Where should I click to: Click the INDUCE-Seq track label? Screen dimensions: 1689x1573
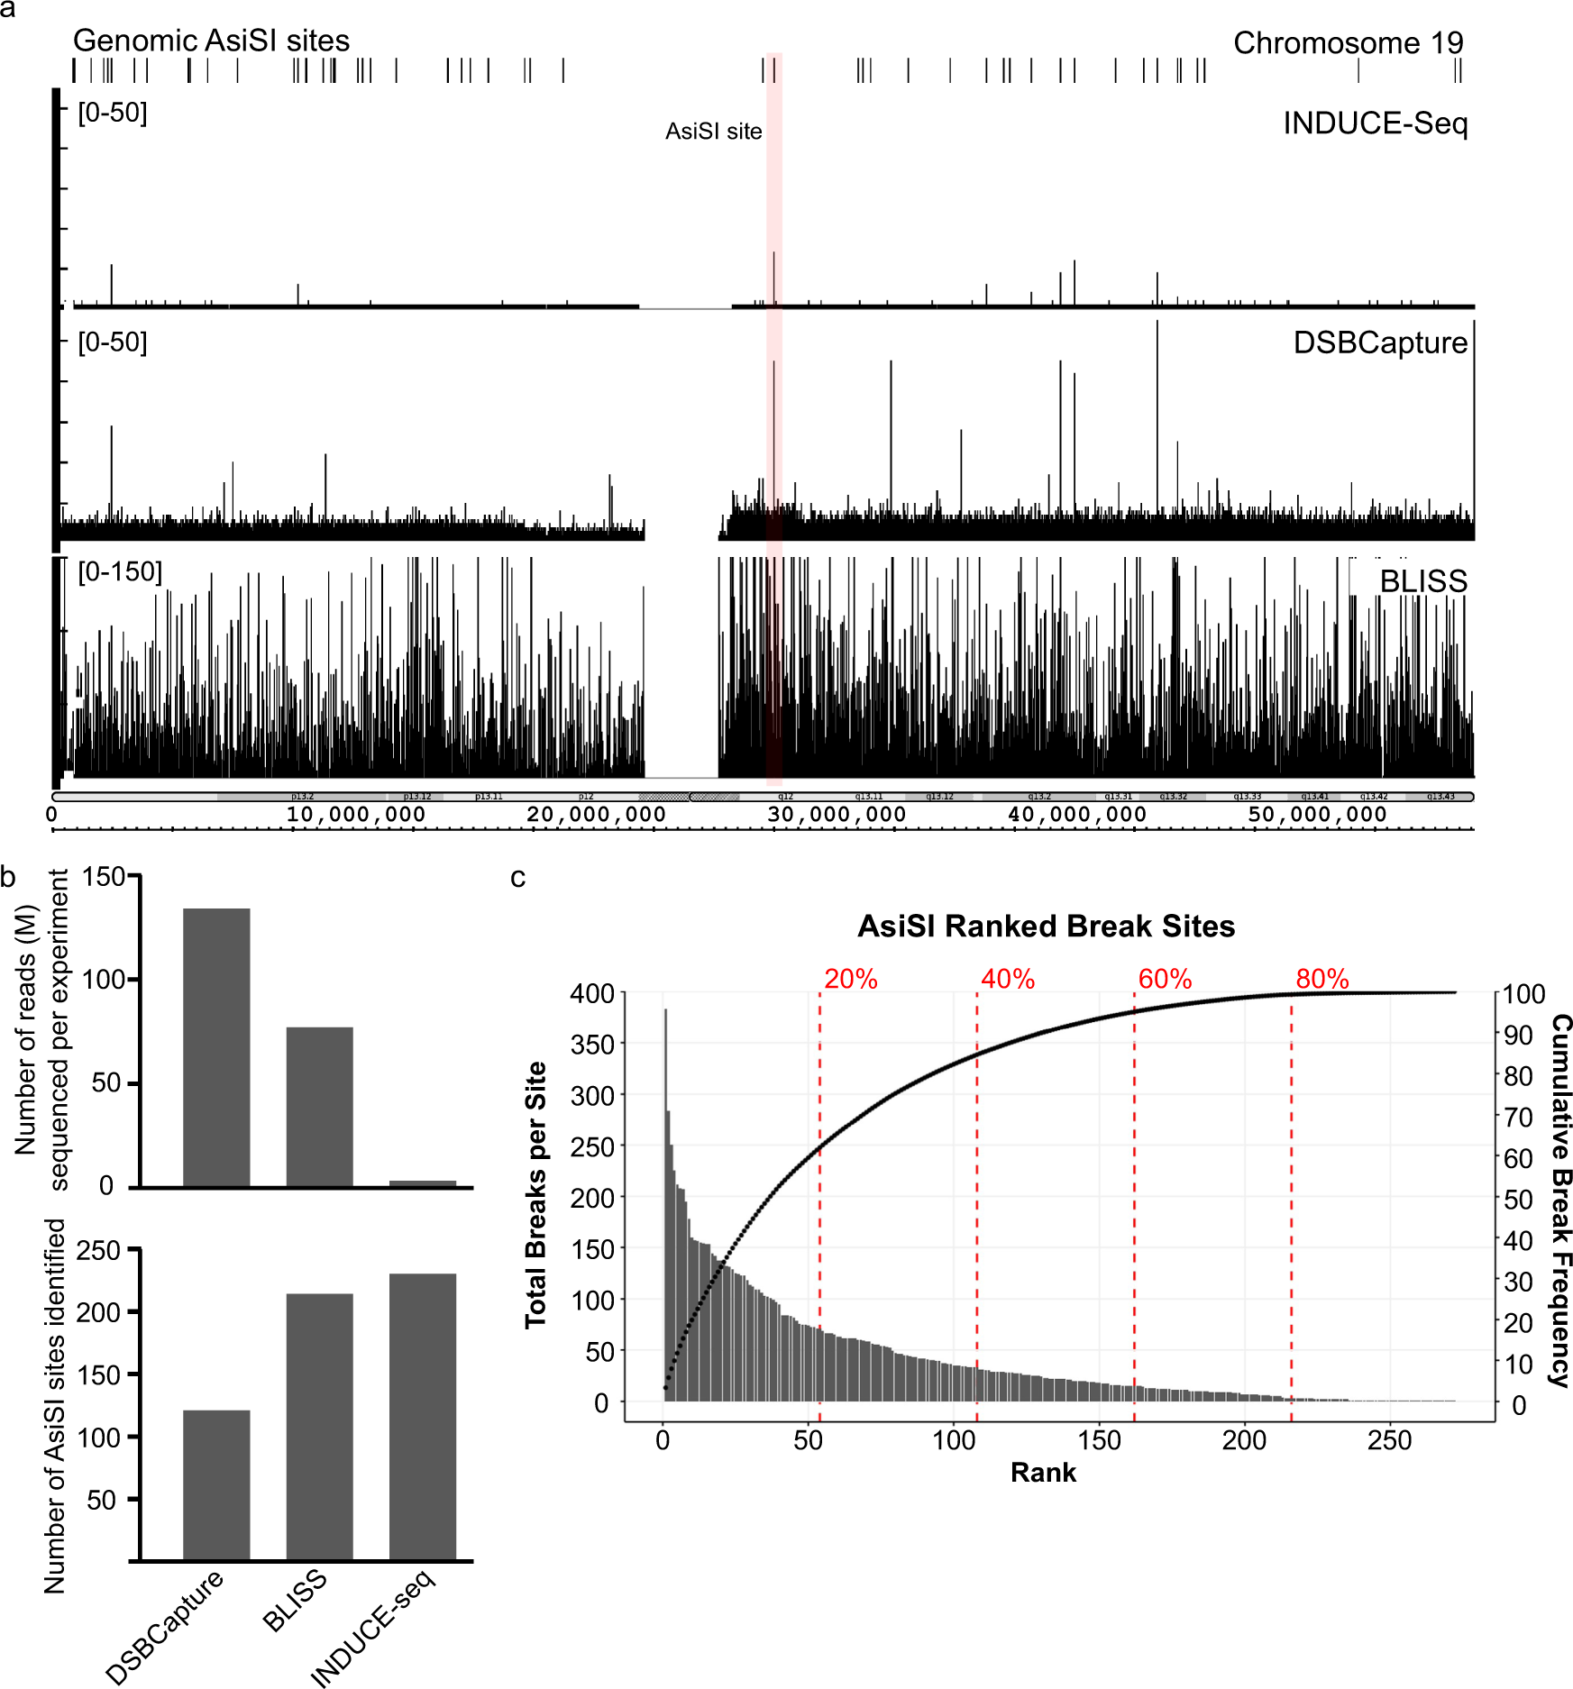tap(1375, 123)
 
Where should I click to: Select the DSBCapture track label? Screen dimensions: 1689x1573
tap(1379, 342)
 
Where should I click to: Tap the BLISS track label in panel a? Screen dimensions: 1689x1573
tap(1422, 581)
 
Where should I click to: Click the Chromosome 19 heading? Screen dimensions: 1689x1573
tap(1348, 42)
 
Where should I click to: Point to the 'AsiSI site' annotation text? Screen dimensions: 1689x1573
tap(713, 132)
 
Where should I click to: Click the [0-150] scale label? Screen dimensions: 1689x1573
tap(120, 571)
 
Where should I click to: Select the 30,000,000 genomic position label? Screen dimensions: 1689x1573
tap(836, 815)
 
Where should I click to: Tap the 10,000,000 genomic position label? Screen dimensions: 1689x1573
tap(355, 815)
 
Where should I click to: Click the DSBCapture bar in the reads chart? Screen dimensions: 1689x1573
tap(216, 1045)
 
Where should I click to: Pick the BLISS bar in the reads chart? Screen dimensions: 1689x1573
tap(319, 1106)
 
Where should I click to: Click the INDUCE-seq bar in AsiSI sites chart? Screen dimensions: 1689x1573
tap(423, 1415)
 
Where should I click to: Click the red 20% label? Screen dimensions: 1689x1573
tap(850, 979)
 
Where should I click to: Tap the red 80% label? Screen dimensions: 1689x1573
tap(1322, 979)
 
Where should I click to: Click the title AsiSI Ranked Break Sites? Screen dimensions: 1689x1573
tap(1046, 926)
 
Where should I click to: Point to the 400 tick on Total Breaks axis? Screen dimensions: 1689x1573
tap(592, 993)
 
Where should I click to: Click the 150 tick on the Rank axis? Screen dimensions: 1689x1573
tap(1099, 1440)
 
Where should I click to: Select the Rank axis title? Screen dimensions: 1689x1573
tap(1043, 1473)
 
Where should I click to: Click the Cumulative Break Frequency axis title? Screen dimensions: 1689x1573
tap(1560, 1199)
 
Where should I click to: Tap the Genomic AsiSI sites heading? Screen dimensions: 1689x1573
tap(211, 41)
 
